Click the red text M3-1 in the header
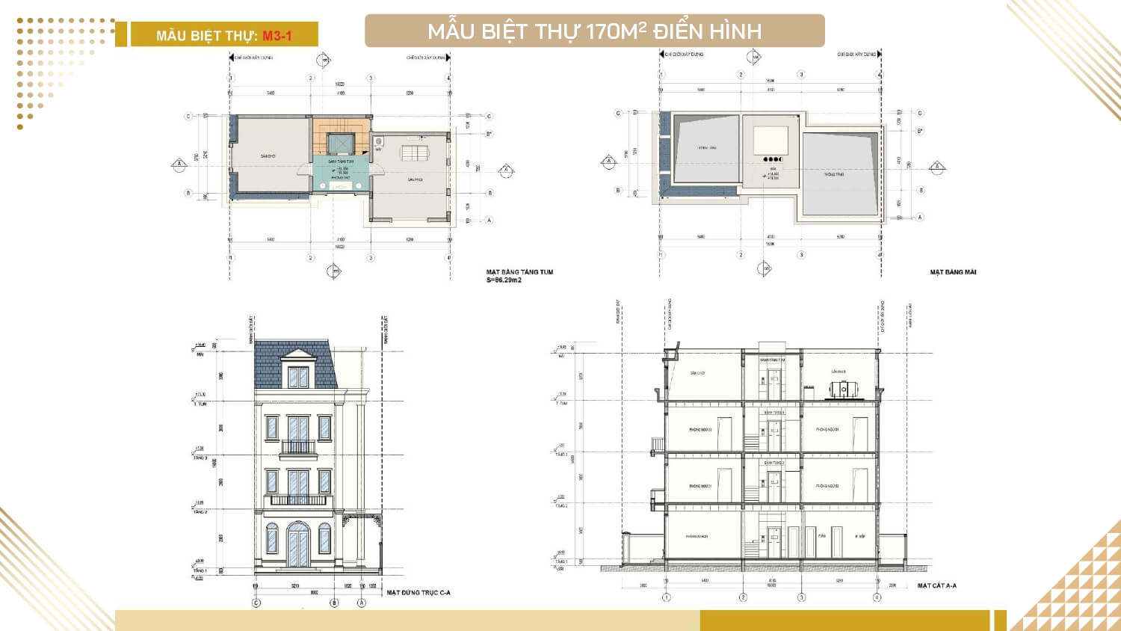277,35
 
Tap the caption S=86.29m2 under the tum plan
504,280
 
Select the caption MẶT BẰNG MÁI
953,272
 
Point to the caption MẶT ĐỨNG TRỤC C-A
419,593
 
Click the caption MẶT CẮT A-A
936,585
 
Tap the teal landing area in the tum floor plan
340,171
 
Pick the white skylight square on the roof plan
771,141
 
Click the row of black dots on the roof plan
773,159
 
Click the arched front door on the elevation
298,544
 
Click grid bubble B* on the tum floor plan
490,135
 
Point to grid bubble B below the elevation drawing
334,603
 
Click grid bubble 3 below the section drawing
802,597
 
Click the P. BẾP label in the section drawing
861,536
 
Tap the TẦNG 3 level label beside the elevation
200,458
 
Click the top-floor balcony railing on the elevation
298,448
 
